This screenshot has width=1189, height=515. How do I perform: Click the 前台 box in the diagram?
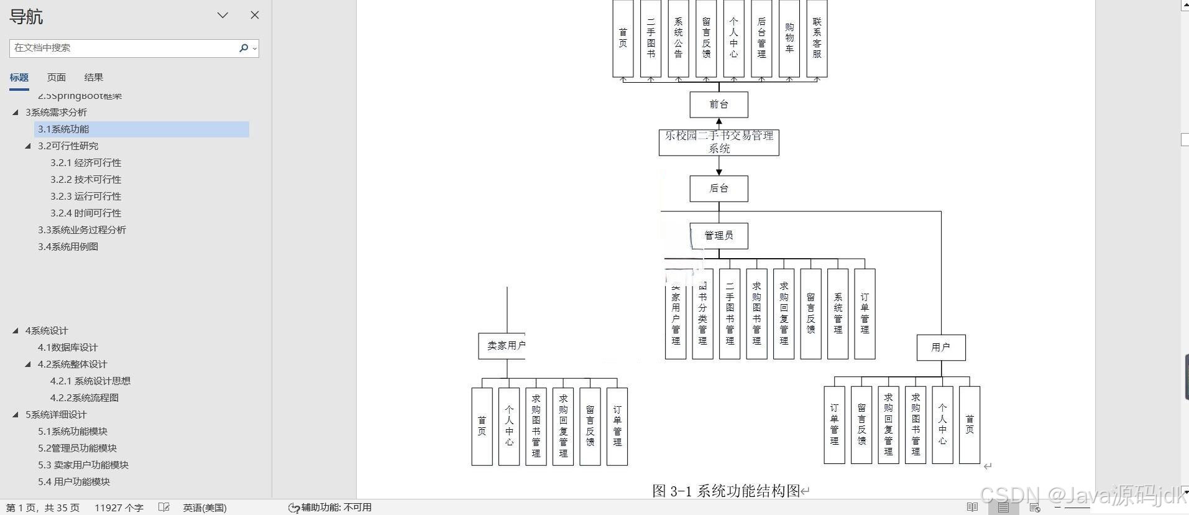point(718,104)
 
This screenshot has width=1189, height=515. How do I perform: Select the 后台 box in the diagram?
point(718,188)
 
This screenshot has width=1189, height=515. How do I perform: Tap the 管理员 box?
point(718,236)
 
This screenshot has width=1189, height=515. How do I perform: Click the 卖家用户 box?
point(502,346)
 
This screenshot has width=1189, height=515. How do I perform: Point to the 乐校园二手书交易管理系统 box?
point(718,142)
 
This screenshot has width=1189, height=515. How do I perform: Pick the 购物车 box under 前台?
point(789,39)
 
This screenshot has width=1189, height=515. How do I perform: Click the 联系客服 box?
point(817,39)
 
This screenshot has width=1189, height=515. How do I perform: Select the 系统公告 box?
point(678,39)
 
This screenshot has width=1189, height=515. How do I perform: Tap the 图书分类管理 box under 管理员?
point(702,314)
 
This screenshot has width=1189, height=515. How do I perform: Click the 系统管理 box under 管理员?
point(838,314)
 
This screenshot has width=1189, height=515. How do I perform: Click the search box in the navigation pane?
point(124,48)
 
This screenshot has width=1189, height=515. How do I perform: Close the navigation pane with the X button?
point(255,15)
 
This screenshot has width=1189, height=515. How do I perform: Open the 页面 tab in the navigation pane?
point(56,78)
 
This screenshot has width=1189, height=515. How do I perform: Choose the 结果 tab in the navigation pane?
point(93,78)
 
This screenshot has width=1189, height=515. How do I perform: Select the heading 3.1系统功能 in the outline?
point(63,129)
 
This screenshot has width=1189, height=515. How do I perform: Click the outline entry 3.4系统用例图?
point(68,247)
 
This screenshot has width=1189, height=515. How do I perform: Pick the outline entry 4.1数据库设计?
point(67,348)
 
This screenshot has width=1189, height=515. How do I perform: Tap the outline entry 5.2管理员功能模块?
point(77,448)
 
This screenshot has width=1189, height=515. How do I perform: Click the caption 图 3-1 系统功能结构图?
point(726,491)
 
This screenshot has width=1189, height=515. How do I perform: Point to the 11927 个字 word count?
point(119,508)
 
